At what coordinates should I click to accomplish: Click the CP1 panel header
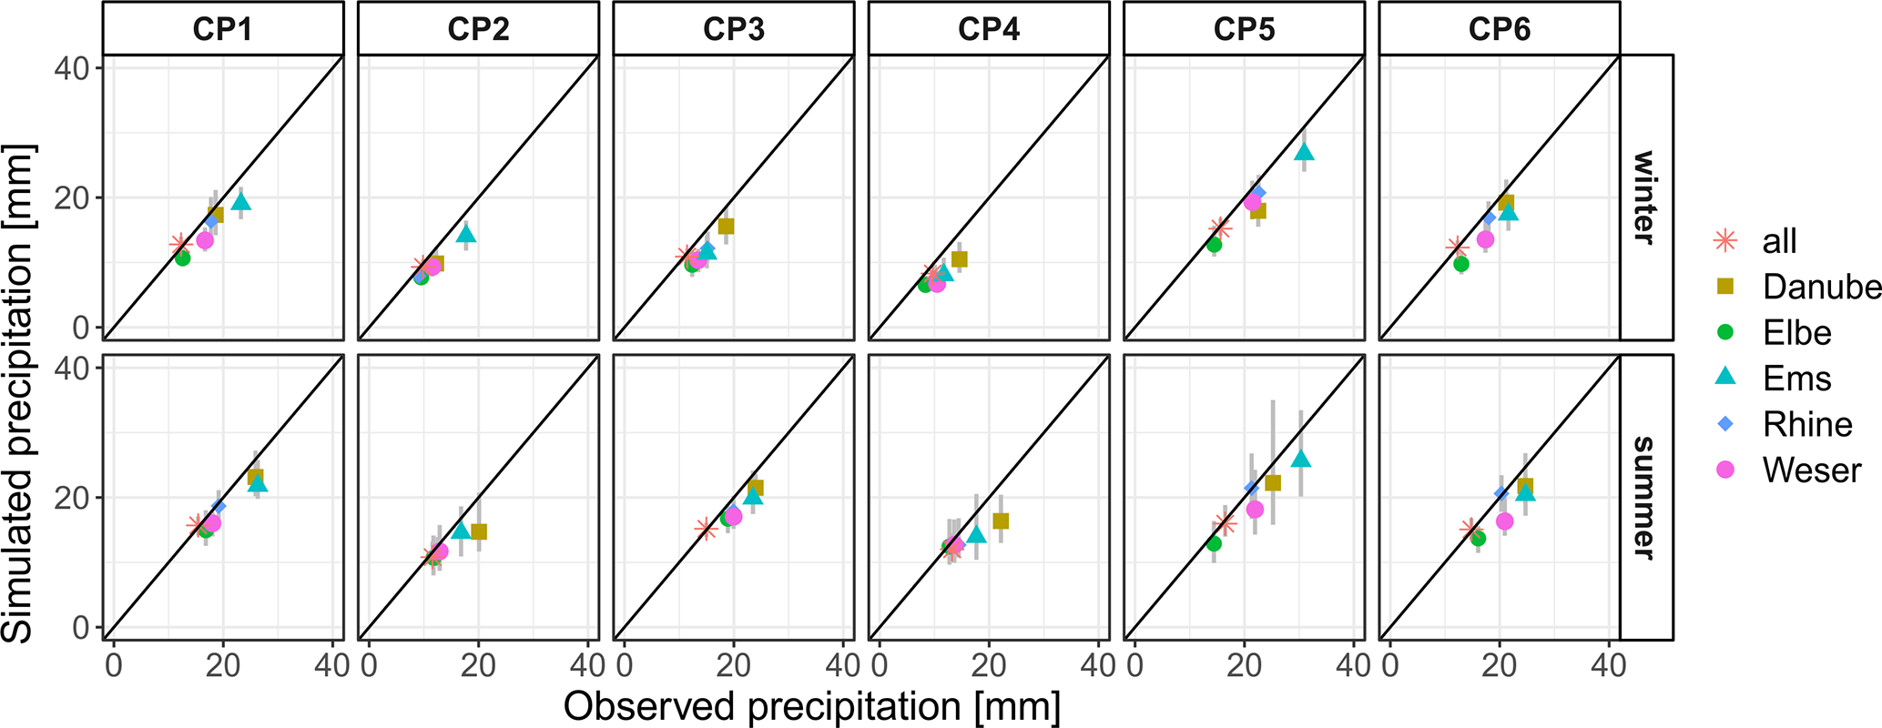[222, 29]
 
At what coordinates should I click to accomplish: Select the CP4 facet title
[988, 29]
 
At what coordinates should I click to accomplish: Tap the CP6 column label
[1499, 29]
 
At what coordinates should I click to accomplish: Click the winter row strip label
[1644, 197]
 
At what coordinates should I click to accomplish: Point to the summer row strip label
[1644, 497]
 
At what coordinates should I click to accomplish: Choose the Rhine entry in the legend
[1807, 424]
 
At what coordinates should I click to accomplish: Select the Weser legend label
[1811, 470]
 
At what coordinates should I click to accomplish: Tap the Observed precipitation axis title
[811, 707]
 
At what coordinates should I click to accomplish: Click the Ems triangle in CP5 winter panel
[1304, 152]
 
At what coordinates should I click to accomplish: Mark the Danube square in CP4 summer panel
[1001, 521]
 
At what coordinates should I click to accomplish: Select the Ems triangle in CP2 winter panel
[466, 234]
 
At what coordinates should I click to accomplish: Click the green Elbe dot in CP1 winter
[182, 258]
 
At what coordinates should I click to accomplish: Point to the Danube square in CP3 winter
[726, 227]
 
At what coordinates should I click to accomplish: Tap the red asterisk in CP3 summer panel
[704, 528]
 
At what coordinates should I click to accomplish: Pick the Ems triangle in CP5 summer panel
[1301, 459]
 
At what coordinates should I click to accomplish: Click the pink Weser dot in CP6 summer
[1504, 521]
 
